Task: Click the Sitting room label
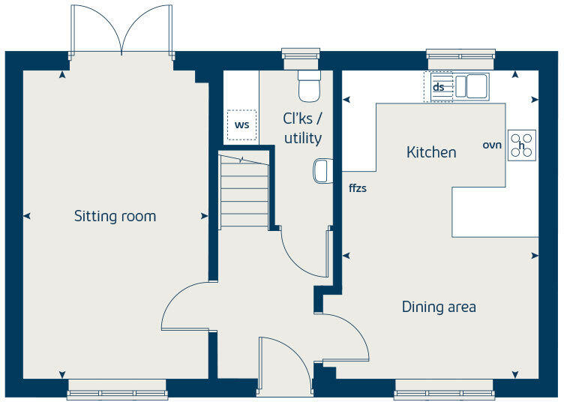click(x=115, y=217)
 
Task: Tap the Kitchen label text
click(x=431, y=152)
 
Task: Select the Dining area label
click(x=439, y=307)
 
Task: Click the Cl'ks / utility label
click(x=302, y=128)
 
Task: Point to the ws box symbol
click(x=241, y=124)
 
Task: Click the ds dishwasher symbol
click(x=439, y=87)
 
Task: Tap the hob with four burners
click(x=522, y=145)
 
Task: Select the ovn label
click(x=491, y=144)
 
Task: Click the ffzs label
click(x=358, y=188)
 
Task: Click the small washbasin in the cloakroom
click(x=321, y=171)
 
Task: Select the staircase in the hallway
click(x=244, y=191)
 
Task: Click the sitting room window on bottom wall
click(x=117, y=388)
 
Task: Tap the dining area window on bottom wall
click(x=444, y=388)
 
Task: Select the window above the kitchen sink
click(x=460, y=54)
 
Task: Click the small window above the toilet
click(x=300, y=54)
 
